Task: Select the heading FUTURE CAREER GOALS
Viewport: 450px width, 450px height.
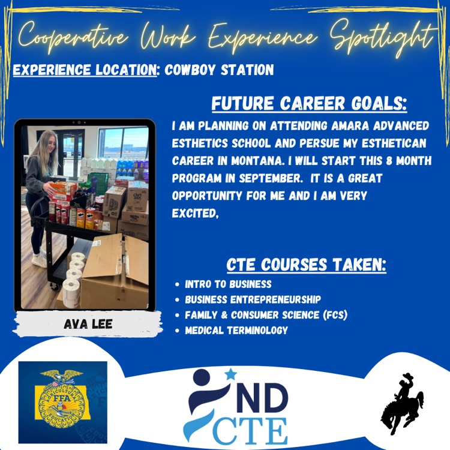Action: [309, 104]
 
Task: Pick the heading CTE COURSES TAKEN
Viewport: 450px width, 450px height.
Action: [306, 265]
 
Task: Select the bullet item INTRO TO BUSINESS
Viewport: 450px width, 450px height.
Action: [228, 284]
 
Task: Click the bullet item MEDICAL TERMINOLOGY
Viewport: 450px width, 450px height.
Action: [236, 330]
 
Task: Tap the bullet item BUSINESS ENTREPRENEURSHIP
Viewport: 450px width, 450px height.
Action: [253, 299]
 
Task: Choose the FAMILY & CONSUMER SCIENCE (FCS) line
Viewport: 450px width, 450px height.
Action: [266, 314]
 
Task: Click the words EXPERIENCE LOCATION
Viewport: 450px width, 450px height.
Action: [85, 70]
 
